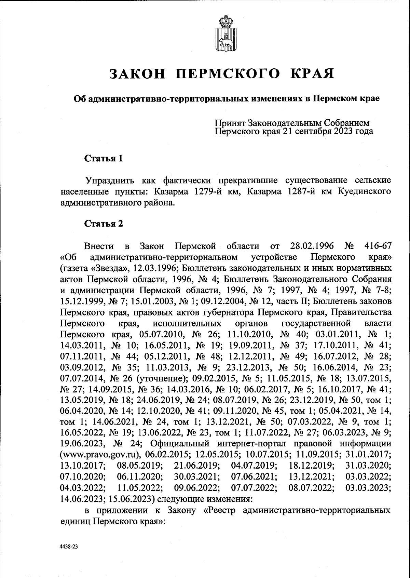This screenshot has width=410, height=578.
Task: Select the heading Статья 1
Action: [103, 159]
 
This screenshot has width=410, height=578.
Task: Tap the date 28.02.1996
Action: [314, 246]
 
